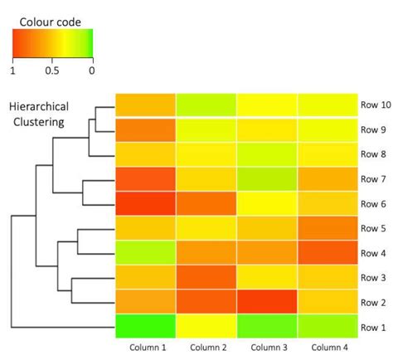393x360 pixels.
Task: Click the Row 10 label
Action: point(374,105)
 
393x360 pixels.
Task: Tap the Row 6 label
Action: point(372,203)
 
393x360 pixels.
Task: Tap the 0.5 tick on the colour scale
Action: point(51,71)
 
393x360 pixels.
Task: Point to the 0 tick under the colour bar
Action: point(90,71)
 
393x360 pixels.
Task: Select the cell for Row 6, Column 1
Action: point(145,203)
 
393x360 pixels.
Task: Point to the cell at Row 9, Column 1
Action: point(145,130)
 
